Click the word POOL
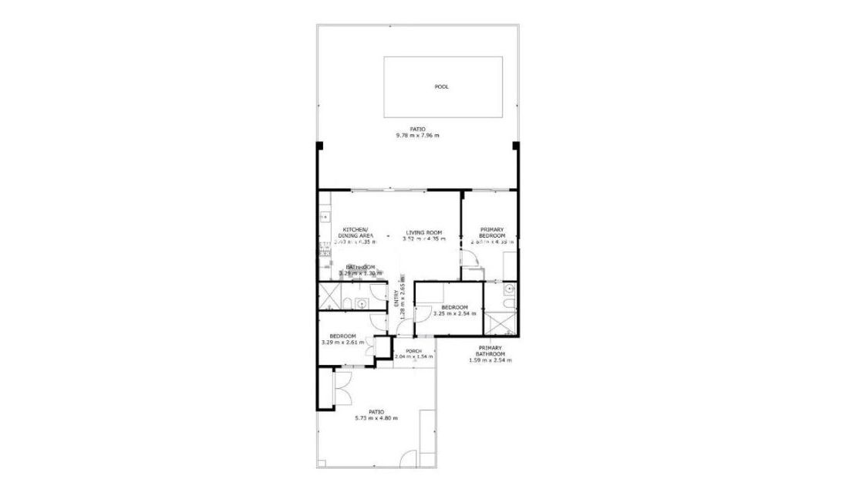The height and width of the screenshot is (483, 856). pyautogui.click(x=441, y=87)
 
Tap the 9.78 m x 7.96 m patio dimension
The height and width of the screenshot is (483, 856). pyautogui.click(x=417, y=136)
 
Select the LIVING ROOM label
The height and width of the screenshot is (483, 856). pyautogui.click(x=423, y=232)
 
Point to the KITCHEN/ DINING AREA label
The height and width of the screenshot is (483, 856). pyautogui.click(x=356, y=232)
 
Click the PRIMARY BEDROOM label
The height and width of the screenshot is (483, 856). pyautogui.click(x=492, y=232)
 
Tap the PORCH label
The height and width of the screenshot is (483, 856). pyautogui.click(x=414, y=351)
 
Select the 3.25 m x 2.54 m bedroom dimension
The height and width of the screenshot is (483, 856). pyautogui.click(x=454, y=313)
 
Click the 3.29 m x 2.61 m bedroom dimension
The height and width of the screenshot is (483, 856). pyautogui.click(x=342, y=342)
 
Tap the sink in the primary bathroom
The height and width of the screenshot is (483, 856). pyautogui.click(x=509, y=289)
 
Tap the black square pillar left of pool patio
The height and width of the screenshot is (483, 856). pyautogui.click(x=319, y=146)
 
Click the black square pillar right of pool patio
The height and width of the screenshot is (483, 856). pyautogui.click(x=516, y=146)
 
